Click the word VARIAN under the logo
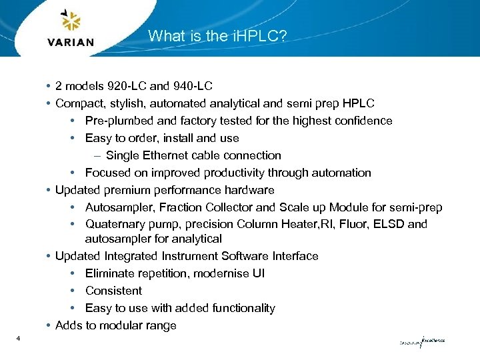tap(71, 43)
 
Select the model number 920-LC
tap(123, 86)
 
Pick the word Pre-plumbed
tap(117, 121)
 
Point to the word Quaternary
tap(114, 225)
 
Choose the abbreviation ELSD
tap(388, 225)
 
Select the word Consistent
tap(113, 291)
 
